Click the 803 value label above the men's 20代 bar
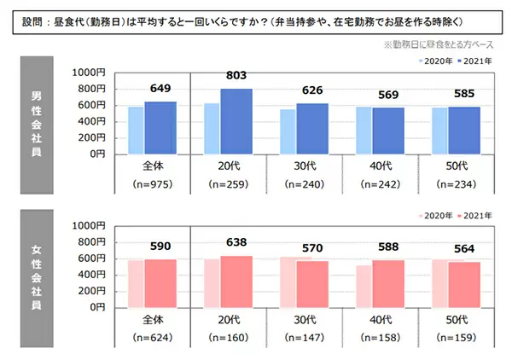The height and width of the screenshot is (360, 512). pyautogui.click(x=236, y=76)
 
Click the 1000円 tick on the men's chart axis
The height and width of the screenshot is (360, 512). pyautogui.click(x=89, y=73)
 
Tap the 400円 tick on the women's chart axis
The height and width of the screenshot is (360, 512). pyautogui.click(x=90, y=274)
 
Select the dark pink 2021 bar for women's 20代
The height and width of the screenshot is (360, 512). pyautogui.click(x=236, y=281)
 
